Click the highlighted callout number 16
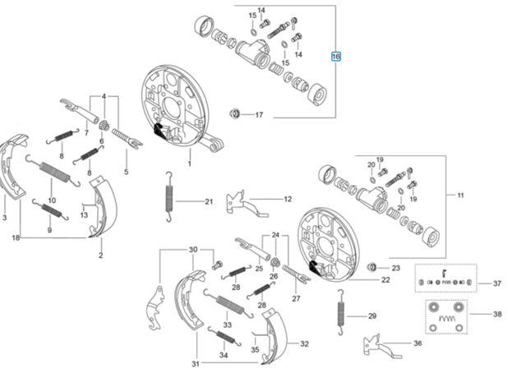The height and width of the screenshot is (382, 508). tap(335, 57)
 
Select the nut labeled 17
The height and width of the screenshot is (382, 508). tap(235, 113)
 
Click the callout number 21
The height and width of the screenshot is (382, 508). tap(208, 201)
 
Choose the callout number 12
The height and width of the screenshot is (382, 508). tap(288, 199)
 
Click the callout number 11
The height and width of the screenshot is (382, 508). tap(461, 195)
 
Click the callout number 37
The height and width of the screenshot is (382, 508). tap(496, 283)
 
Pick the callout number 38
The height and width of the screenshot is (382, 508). tap(496, 314)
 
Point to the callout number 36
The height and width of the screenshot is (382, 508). tap(417, 343)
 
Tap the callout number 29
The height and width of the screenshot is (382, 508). tap(372, 316)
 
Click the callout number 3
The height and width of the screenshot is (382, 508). tap(5, 218)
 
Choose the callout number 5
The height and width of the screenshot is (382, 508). tap(127, 172)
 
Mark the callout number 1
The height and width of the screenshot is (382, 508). tap(189, 163)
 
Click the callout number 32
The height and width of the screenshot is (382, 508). tap(303, 344)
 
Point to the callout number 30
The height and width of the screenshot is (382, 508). tap(193, 249)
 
